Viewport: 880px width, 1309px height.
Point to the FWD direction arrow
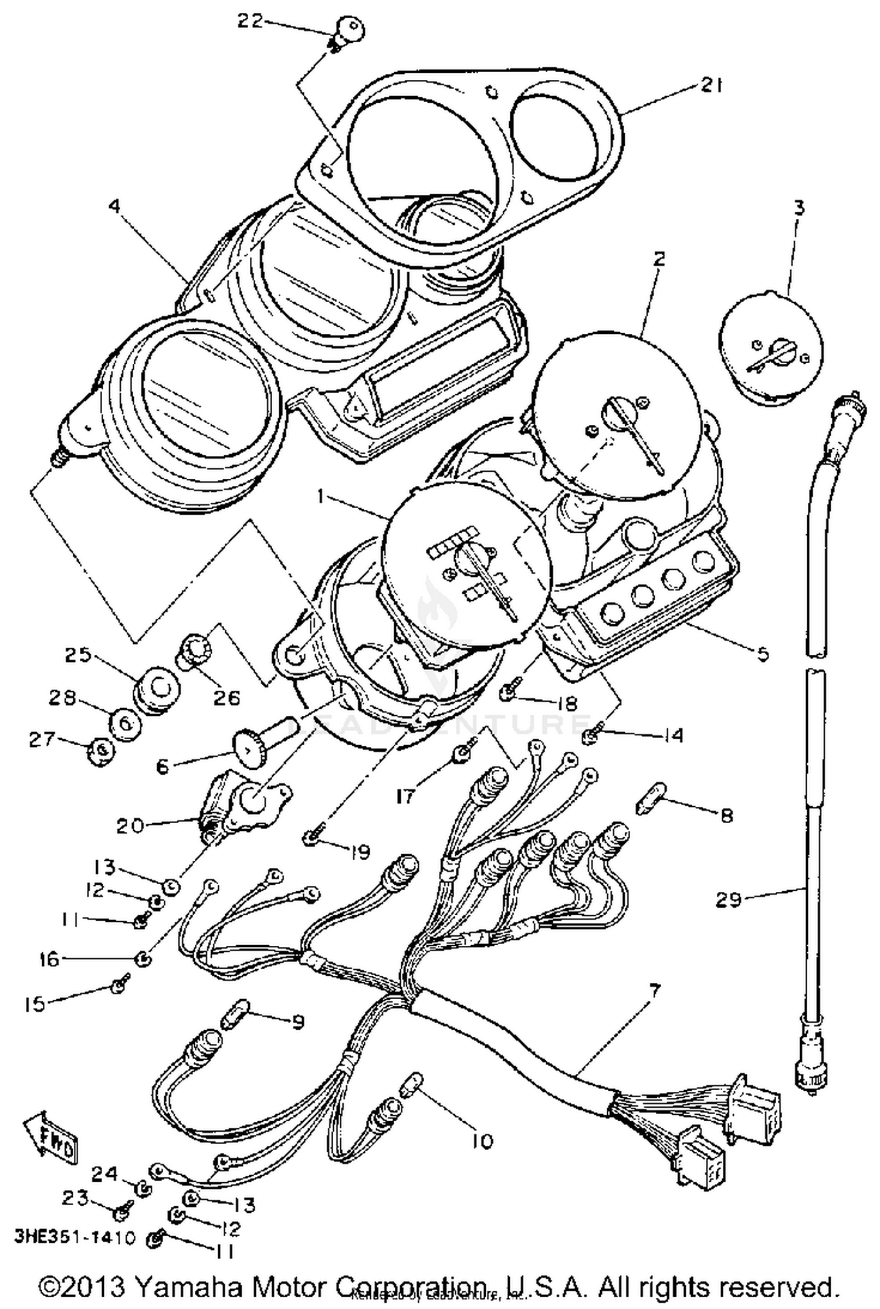pyautogui.click(x=51, y=1139)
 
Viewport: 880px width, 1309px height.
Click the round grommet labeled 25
pyautogui.click(x=152, y=688)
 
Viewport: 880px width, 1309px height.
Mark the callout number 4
pyautogui.click(x=115, y=207)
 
